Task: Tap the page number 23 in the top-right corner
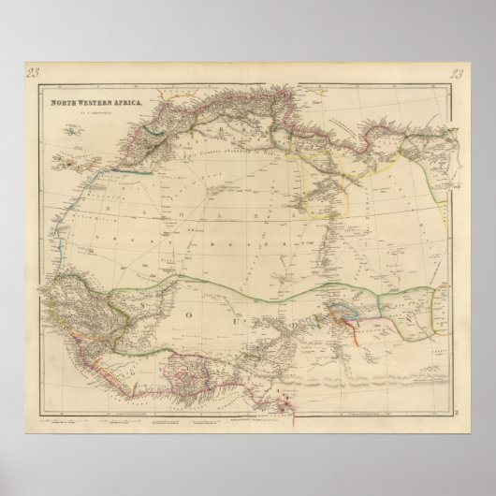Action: tap(457, 76)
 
